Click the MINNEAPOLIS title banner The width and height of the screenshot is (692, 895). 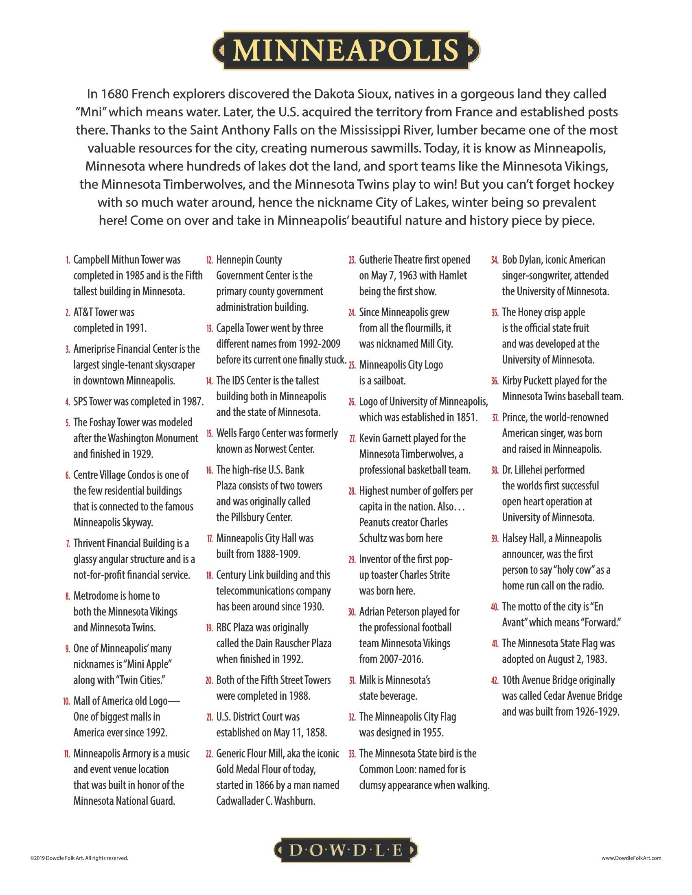[x=346, y=50]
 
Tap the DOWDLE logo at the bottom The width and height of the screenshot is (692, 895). [x=346, y=850]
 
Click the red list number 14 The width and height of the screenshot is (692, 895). [x=210, y=381]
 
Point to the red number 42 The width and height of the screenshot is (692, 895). [x=495, y=681]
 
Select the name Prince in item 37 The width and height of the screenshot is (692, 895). [x=515, y=417]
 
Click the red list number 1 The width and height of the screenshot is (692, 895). [x=68, y=260]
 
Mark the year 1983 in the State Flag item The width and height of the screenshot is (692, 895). [x=593, y=659]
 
